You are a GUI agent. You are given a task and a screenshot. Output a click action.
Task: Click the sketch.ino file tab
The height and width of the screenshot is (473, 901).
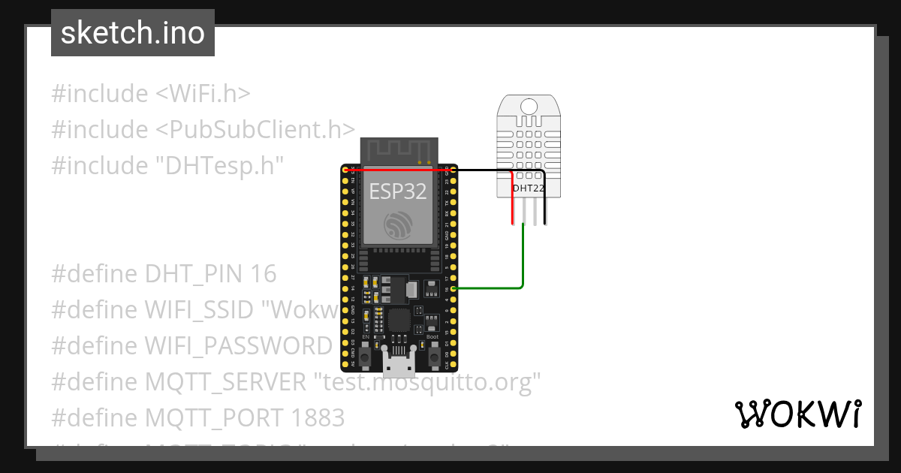coord(133,33)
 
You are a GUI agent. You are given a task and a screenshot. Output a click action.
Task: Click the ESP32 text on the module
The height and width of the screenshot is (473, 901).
coord(397,191)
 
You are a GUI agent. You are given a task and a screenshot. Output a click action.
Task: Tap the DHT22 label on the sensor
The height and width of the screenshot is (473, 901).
coord(529,188)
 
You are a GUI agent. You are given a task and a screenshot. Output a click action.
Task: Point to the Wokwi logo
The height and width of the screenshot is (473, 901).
coord(797,414)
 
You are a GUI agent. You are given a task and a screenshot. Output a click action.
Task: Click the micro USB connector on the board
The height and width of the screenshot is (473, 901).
coord(399,364)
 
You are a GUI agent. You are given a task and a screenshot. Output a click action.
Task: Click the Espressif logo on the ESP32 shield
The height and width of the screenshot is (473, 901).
coord(397,225)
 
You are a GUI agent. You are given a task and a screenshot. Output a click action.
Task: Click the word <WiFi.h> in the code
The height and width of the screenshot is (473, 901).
coord(203,94)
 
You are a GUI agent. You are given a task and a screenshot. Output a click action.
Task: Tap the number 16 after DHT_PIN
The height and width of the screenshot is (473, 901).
coord(264,274)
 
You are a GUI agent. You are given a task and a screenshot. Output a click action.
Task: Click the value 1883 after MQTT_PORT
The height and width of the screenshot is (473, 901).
coord(315,417)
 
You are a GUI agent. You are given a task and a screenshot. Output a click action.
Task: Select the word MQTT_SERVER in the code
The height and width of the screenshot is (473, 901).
coord(225,382)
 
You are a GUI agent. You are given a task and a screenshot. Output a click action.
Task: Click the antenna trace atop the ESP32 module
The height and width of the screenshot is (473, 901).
coord(398,150)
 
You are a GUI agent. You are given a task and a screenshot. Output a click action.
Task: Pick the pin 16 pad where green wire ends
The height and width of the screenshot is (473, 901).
coord(454,288)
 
